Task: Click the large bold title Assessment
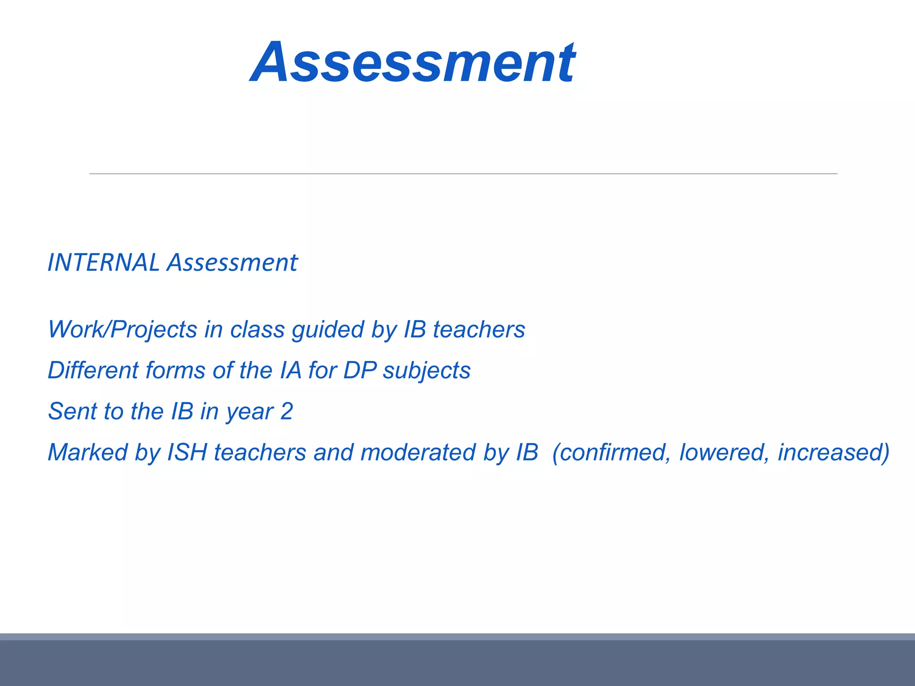pos(413,63)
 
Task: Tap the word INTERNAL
pos(103,263)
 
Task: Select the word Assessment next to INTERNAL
pos(232,263)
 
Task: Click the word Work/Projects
pos(122,330)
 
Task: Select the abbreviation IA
pos(290,371)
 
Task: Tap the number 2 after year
pos(286,411)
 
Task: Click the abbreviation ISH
pos(187,452)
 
